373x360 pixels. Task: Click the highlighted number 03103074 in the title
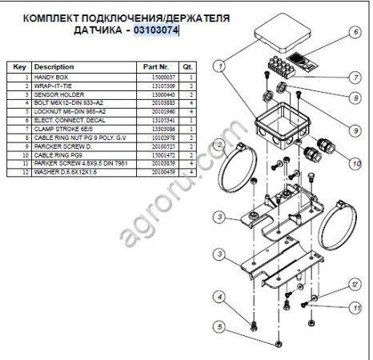click(156, 31)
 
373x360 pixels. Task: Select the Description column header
click(55, 66)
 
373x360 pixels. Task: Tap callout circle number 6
click(355, 33)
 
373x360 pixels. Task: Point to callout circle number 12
click(355, 283)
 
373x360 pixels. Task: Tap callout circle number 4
click(219, 294)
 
